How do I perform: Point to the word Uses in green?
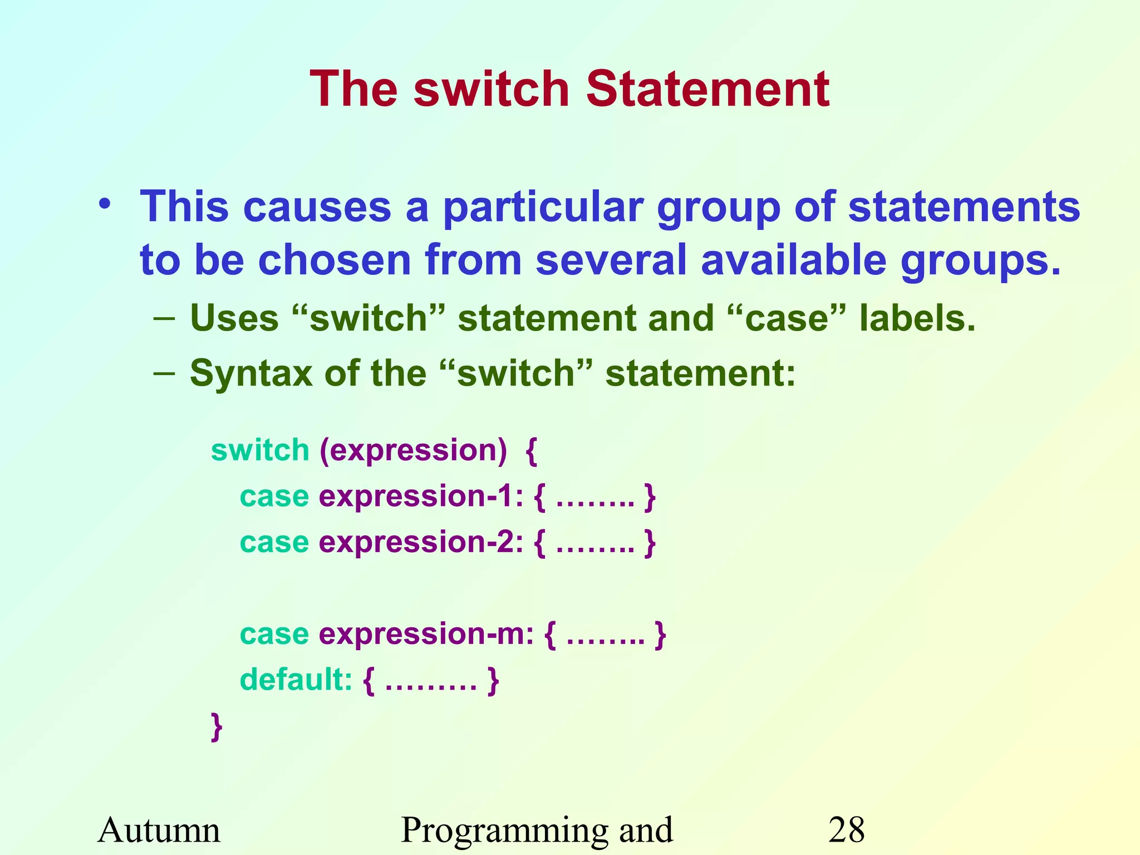click(x=234, y=318)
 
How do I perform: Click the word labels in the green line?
click(x=917, y=318)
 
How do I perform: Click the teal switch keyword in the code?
click(x=260, y=450)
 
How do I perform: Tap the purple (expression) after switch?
click(x=413, y=450)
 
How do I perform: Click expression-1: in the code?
click(x=421, y=496)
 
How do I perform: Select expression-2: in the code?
click(x=421, y=542)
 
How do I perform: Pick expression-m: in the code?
click(x=426, y=634)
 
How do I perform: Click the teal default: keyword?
click(x=296, y=680)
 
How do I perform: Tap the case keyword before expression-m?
click(x=274, y=634)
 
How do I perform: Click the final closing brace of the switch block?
click(x=217, y=726)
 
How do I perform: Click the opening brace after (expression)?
click(x=532, y=451)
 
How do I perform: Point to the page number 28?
click(x=846, y=830)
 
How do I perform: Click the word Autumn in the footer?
click(x=159, y=830)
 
